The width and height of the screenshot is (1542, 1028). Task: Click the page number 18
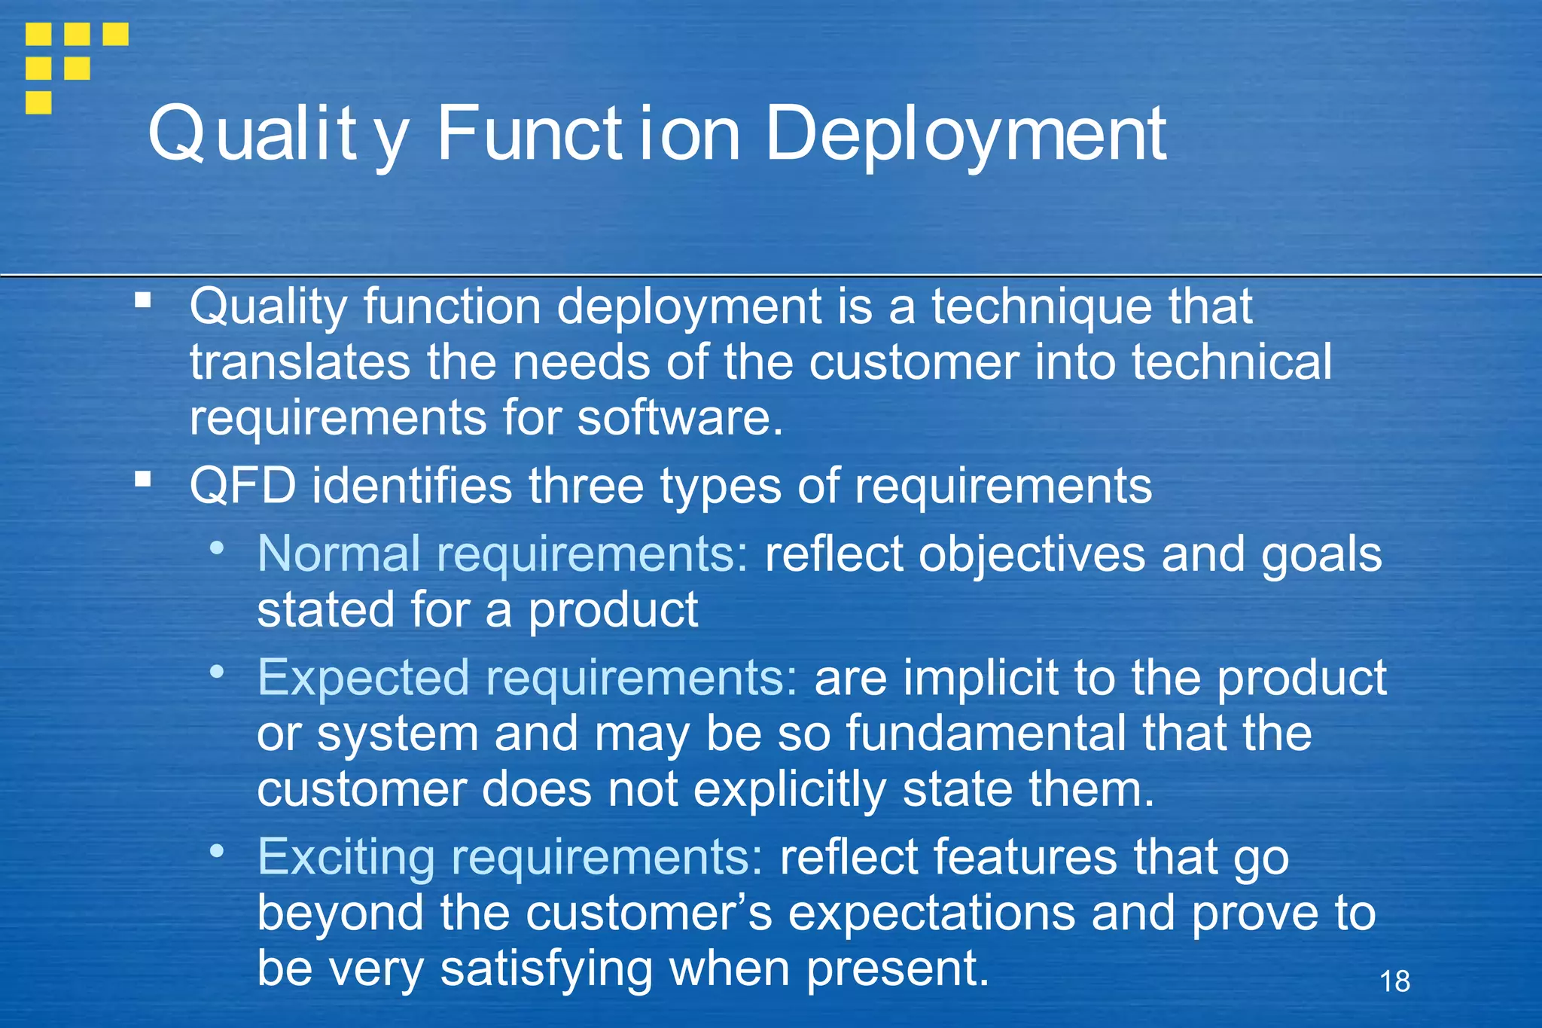tap(1394, 981)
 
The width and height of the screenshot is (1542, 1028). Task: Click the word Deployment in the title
tap(965, 134)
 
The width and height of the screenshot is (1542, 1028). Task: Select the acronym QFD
tap(242, 486)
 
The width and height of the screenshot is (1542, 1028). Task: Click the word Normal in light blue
tap(338, 554)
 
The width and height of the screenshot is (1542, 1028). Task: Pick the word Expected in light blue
tap(364, 677)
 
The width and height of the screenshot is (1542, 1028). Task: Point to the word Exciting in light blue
tap(346, 856)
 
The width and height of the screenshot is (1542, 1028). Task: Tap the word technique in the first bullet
tap(1042, 307)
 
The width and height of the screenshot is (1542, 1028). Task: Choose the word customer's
tap(648, 913)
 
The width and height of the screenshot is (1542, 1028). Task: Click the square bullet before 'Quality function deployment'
tap(143, 300)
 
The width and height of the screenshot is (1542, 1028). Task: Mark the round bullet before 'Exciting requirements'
tap(217, 850)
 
